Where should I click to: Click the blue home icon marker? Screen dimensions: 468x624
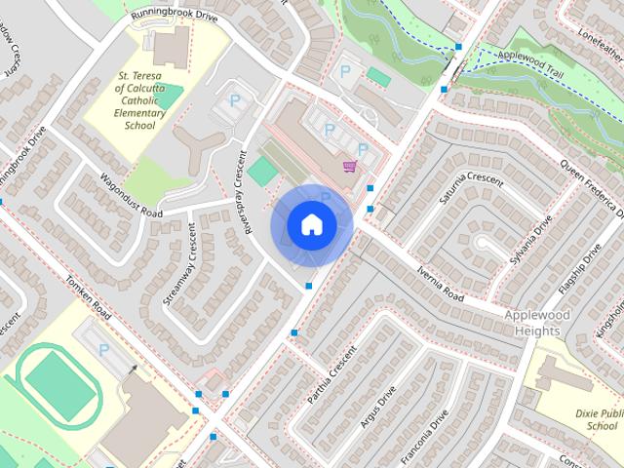click(311, 225)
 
